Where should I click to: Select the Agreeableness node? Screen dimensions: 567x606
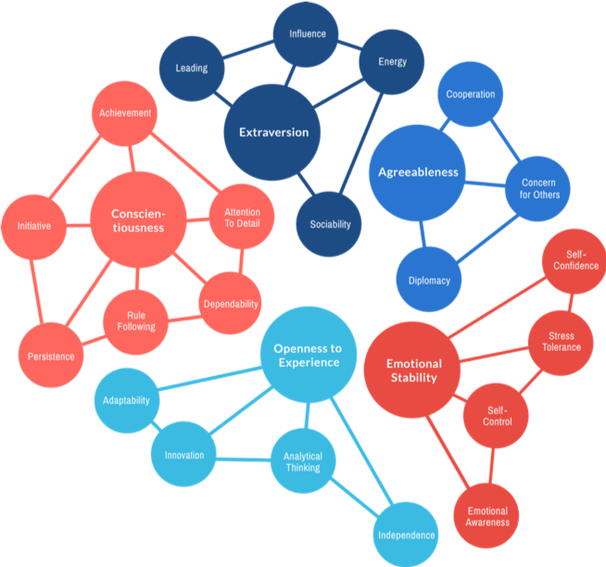pos(418,172)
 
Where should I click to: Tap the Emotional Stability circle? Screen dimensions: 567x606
pos(413,370)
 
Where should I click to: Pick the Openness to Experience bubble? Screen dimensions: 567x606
pos(307,355)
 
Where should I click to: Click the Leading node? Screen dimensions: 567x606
pos(192,69)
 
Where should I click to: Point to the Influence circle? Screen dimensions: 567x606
pos(307,34)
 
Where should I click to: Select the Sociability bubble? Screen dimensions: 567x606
pos(329,223)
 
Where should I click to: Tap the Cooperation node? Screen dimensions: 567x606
pos(470,94)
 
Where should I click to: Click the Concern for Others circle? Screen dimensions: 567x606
pos(538,188)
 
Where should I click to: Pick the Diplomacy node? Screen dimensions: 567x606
pos(429,280)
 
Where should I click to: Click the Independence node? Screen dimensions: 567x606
pos(407,535)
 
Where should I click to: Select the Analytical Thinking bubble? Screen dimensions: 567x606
pos(302,460)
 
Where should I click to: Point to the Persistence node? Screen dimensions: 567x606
pos(51,355)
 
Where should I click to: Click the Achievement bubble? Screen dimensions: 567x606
pos(126,114)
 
